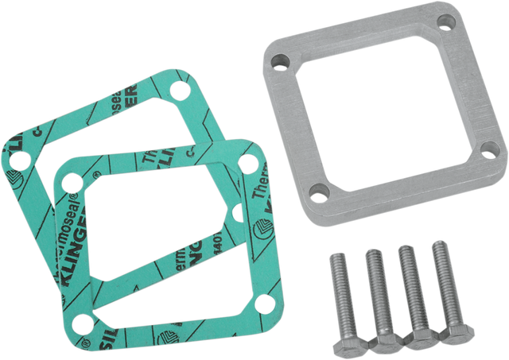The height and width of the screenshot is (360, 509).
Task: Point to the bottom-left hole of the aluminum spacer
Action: point(317,192)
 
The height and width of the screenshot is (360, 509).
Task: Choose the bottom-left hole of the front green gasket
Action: point(80,323)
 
